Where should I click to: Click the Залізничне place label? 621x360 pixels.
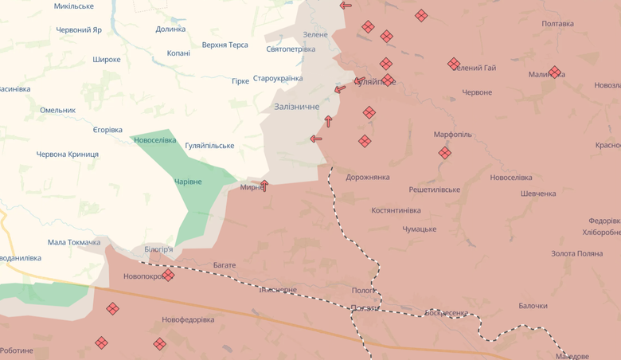[296, 107]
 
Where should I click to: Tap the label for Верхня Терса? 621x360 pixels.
[225, 45]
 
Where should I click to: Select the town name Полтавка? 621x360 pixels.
[557, 24]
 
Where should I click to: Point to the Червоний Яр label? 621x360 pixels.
[79, 30]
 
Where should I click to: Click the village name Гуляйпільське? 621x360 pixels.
[209, 146]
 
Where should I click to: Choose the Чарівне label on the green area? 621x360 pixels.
[188, 182]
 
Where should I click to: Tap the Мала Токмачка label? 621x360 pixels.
[74, 243]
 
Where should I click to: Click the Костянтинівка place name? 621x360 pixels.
[396, 211]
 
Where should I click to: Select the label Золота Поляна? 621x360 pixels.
[576, 254]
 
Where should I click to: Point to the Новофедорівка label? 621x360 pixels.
[188, 320]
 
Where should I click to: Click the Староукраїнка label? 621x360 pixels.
[278, 79]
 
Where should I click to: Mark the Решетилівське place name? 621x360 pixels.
[434, 190]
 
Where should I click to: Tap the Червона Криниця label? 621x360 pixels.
[68, 155]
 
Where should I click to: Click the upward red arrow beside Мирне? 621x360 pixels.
[264, 185]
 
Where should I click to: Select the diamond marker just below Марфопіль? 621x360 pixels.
[444, 153]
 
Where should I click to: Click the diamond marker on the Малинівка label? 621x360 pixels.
[555, 72]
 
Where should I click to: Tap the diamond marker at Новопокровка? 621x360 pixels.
[168, 276]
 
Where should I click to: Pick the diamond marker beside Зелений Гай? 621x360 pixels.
[454, 64]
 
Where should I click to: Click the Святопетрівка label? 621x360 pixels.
[291, 49]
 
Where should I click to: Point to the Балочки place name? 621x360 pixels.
[533, 306]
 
